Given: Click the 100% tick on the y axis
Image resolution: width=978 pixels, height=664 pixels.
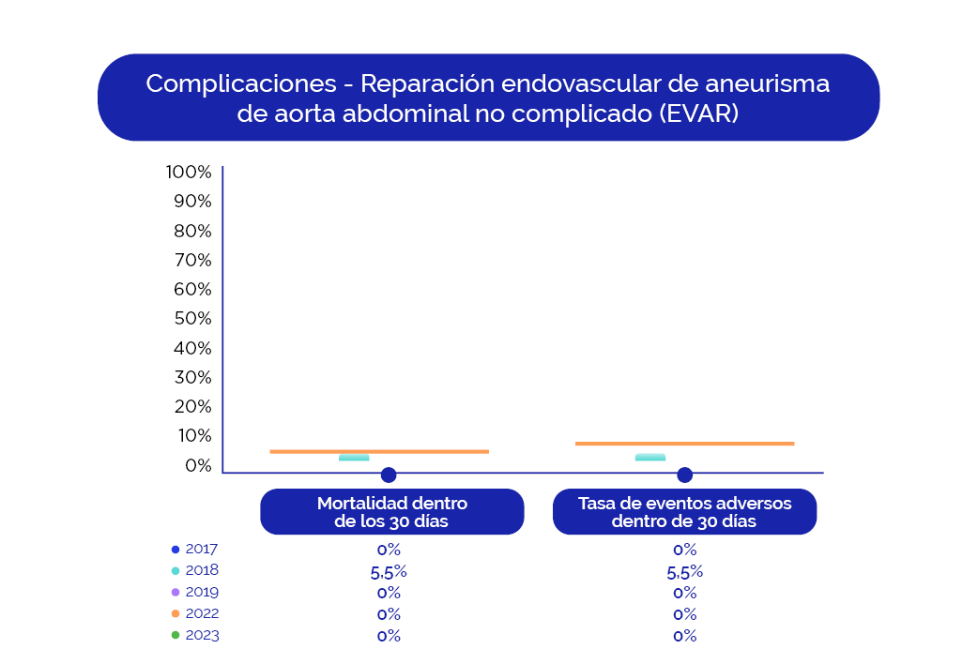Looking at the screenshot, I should tap(189, 173).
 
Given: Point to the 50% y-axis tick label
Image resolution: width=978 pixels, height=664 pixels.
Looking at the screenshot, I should tap(192, 319).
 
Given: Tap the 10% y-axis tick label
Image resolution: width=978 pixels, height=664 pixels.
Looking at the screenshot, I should tap(192, 436).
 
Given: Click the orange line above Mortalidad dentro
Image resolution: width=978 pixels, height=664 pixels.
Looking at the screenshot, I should tap(379, 452).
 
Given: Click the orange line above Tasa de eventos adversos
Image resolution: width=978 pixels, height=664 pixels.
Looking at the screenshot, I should tap(684, 444).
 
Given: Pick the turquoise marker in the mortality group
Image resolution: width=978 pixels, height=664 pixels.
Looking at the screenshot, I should tap(354, 458).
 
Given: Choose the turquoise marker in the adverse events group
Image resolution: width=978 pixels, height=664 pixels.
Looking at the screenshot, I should tap(650, 458).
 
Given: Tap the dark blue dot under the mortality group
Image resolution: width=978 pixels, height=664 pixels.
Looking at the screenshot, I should tap(389, 475).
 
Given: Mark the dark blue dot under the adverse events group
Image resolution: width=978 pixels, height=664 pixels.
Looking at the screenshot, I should tap(684, 475).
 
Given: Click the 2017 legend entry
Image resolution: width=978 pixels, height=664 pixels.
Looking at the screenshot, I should tap(196, 550).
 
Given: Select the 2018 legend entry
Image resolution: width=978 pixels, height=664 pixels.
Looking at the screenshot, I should tap(196, 570).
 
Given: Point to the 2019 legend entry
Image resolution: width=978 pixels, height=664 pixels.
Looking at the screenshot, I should tap(196, 593).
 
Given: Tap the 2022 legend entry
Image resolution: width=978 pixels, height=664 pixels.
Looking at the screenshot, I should tap(196, 614).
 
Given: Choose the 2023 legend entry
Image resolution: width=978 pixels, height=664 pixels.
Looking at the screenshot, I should tap(196, 636).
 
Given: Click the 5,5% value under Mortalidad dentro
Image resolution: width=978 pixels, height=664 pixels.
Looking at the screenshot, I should tap(389, 572).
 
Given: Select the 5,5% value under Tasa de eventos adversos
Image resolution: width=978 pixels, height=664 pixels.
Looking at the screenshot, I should tap(684, 572).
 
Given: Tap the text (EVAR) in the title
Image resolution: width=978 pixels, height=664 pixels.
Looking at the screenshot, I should tap(698, 113).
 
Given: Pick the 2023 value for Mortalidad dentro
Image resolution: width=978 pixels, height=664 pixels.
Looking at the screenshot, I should tap(389, 636).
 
